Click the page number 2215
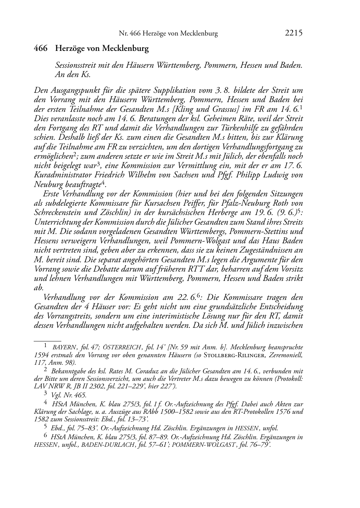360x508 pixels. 294,33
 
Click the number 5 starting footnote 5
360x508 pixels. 45,427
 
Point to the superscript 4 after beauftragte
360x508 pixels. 103,182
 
